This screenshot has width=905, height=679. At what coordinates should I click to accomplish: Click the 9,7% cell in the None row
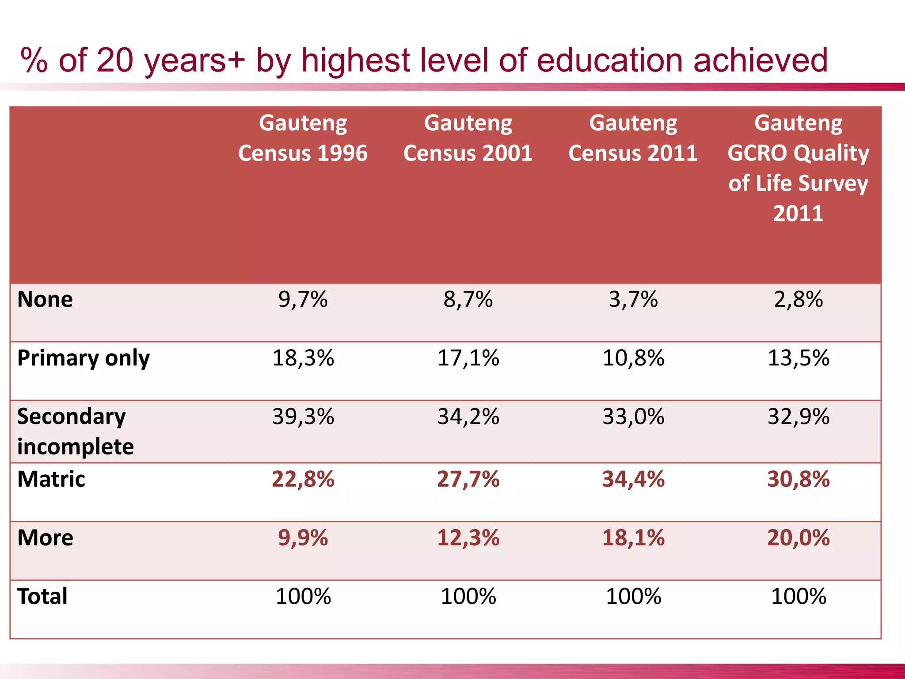tap(303, 300)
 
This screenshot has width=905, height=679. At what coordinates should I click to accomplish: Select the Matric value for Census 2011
tap(633, 479)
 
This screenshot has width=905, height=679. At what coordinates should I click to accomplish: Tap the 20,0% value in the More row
tap(798, 538)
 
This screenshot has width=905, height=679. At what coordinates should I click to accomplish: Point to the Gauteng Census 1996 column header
tap(303, 138)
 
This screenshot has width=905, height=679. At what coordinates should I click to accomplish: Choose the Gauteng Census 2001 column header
tap(468, 138)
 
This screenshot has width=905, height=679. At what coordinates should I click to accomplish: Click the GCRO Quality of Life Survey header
tap(798, 168)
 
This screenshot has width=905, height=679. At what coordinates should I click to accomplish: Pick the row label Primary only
tap(84, 358)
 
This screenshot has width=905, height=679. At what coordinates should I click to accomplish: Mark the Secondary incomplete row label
tap(75, 431)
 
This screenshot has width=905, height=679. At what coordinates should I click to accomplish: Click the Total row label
tap(42, 596)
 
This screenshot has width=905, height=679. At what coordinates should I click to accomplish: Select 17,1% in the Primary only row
tap(468, 358)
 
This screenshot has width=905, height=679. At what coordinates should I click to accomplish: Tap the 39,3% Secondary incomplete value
tap(303, 417)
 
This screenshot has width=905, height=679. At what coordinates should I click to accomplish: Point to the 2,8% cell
tap(798, 300)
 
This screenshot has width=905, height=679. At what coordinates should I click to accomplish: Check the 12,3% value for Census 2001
tap(468, 538)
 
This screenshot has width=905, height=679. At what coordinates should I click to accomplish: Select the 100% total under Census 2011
tap(633, 596)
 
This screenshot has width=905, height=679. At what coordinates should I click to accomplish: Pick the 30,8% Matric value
tap(798, 479)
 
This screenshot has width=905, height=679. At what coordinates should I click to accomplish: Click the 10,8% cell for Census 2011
tap(633, 358)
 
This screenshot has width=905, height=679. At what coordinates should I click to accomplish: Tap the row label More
tap(45, 538)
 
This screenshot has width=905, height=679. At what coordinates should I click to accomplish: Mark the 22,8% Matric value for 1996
tap(303, 479)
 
